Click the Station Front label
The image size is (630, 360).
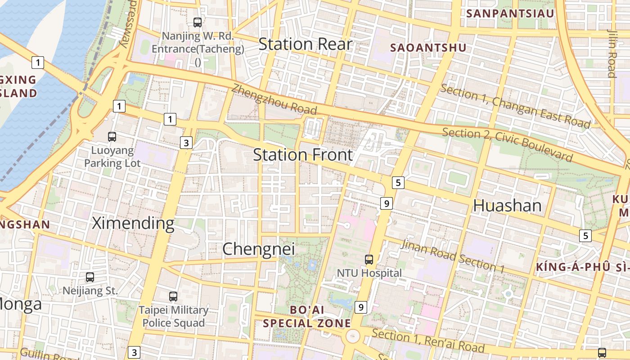(x=303, y=155)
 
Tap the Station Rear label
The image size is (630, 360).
(x=305, y=44)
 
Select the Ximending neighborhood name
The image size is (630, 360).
(x=133, y=223)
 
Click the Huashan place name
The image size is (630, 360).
(x=507, y=206)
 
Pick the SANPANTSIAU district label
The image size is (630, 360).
(x=510, y=13)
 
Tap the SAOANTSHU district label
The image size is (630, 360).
(x=428, y=48)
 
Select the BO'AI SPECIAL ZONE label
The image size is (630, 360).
(x=307, y=316)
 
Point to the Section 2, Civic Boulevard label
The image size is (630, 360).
(x=508, y=144)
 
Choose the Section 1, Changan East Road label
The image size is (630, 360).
(x=515, y=106)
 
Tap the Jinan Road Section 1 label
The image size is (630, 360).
(x=452, y=256)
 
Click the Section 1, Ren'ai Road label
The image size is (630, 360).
(x=428, y=341)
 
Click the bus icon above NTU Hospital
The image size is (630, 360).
(x=369, y=259)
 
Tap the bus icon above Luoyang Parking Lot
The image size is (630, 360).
(x=112, y=136)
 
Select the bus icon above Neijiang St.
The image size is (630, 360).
(x=90, y=277)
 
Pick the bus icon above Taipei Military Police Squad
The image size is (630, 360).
(x=173, y=297)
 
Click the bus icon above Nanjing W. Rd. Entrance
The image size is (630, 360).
(x=197, y=22)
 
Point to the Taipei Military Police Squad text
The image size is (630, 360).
(x=173, y=316)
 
